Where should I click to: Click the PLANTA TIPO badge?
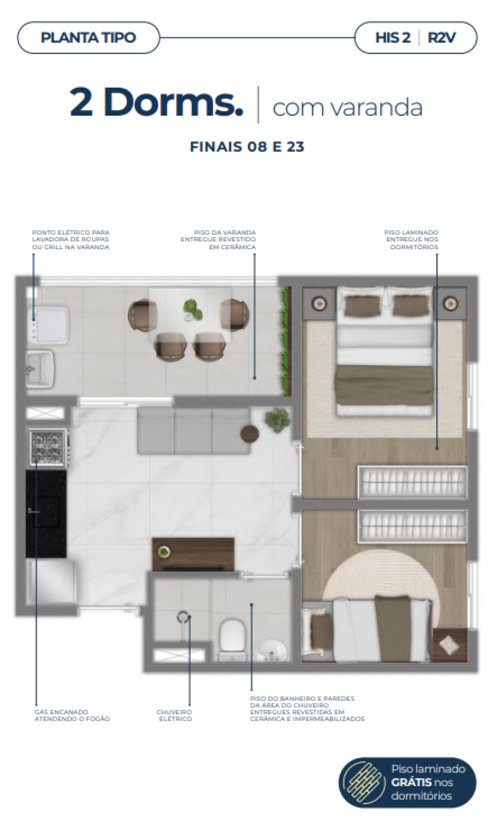(88, 37)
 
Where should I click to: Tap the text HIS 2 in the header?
(393, 37)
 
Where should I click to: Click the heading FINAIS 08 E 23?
(247, 147)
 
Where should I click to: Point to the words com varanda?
(347, 107)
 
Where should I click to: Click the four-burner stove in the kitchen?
(47, 447)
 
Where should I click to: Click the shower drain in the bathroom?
(183, 616)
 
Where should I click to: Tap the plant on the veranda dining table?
(192, 308)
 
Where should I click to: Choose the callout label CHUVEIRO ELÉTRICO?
(175, 715)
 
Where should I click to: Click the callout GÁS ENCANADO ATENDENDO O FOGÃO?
(71, 715)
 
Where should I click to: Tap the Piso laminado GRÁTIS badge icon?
(365, 782)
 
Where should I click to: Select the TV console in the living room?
(193, 554)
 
